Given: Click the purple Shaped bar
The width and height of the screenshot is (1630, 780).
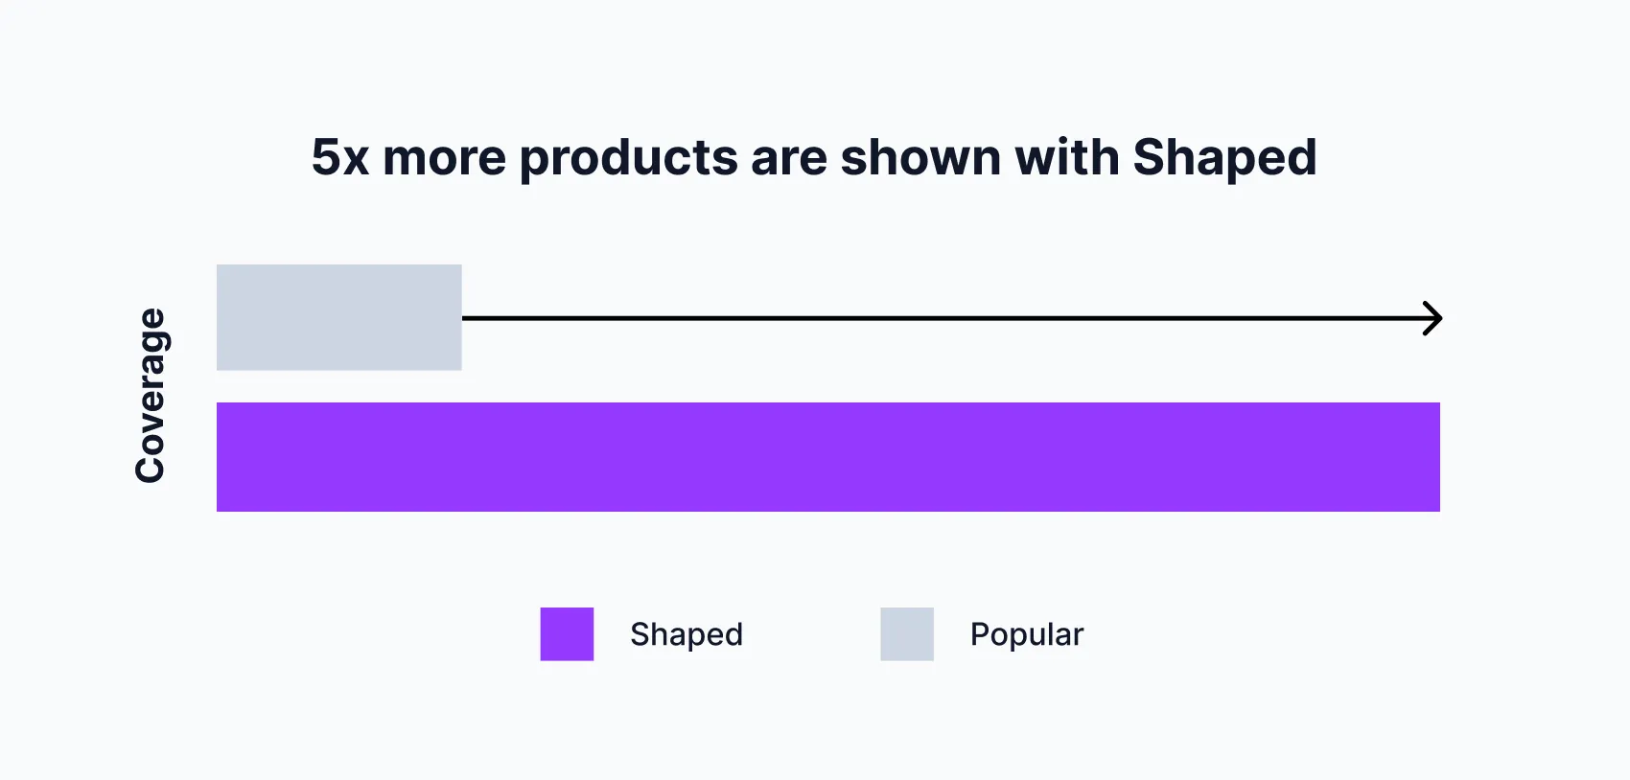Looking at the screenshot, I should pos(827,457).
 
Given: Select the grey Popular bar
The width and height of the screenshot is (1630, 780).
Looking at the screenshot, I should pos(338,317).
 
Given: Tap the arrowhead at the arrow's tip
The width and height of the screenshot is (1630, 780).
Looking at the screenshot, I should pos(1433,318).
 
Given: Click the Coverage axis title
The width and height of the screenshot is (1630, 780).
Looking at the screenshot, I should pos(151,395).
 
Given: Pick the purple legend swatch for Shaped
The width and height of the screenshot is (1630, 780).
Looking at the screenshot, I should pos(567,633).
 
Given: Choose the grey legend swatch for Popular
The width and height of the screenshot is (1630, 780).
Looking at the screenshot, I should pos(907,633).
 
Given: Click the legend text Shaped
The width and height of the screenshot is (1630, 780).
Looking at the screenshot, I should pos(687,634).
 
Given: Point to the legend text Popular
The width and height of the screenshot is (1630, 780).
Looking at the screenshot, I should pos(1026,634).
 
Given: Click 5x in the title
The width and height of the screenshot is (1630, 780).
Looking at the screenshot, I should pos(340,157).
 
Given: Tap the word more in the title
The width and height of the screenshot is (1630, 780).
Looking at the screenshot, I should pos(444,157).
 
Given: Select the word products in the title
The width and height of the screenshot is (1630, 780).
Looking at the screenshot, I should pos(628,159).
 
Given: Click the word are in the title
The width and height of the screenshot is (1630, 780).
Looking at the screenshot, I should pos(788,159).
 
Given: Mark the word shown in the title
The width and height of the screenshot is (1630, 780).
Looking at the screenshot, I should pos(920,157).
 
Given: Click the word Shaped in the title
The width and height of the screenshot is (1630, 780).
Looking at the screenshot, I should pos(1224,159).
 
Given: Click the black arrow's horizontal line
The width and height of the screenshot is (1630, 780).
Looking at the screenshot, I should pos(940,318).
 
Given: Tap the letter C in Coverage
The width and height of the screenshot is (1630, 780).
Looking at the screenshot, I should pos(151,468).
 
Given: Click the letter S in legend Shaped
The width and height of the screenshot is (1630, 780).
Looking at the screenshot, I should pos(640,634).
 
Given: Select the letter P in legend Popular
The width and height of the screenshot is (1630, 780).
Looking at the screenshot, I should pos(980,634).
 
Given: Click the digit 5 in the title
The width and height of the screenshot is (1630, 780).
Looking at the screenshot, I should pos(326,157).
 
